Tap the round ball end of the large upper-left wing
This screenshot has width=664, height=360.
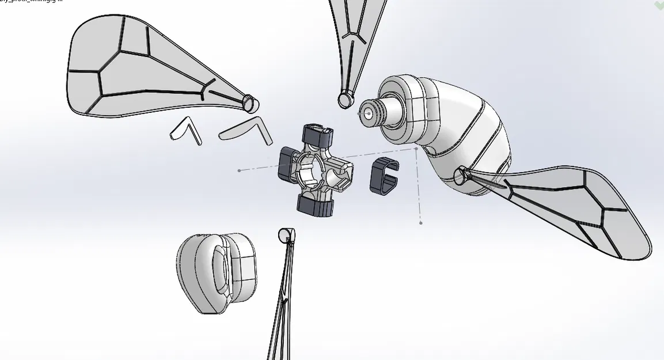click(250, 103)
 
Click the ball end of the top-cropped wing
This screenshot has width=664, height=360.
click(346, 100)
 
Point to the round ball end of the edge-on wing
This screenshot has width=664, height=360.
click(285, 234)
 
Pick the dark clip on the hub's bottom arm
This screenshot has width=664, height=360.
click(315, 204)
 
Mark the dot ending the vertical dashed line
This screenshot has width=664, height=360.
click(421, 222)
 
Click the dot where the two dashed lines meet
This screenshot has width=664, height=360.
click(416, 149)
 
